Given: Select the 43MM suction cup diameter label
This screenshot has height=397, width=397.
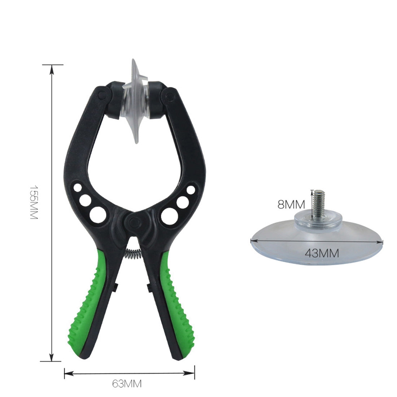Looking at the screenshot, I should pyautogui.click(x=322, y=253).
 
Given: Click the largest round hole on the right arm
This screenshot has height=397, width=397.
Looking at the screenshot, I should pyautogui.click(x=168, y=215).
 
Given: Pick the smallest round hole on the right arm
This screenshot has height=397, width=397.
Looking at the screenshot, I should pyautogui.click(x=191, y=190).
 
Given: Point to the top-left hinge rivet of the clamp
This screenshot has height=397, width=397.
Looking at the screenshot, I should pyautogui.click(x=102, y=95).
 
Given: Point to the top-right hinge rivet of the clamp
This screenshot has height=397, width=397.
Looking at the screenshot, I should pyautogui.click(x=168, y=95).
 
